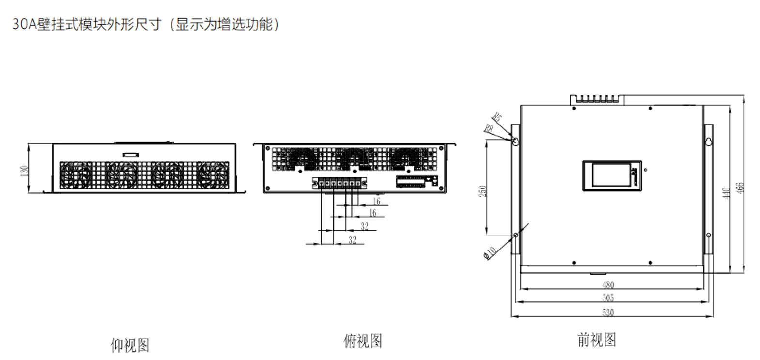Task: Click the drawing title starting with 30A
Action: click(145, 24)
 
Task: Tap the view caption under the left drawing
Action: click(130, 344)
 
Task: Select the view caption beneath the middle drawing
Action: click(363, 341)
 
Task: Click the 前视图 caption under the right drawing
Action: click(597, 339)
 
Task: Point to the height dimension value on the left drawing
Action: click(23, 170)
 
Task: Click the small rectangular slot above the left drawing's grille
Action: click(130, 155)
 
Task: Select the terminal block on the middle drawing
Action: click(337, 183)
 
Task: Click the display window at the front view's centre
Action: click(613, 175)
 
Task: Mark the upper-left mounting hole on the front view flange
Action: click(515, 142)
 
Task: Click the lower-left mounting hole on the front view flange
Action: click(515, 235)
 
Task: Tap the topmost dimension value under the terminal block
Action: click(377, 199)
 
